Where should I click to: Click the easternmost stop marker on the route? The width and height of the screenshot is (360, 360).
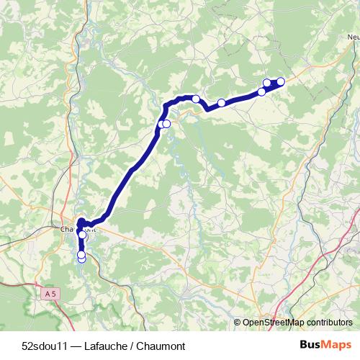click(x=281, y=81)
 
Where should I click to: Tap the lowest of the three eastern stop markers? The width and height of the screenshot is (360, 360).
click(x=261, y=91)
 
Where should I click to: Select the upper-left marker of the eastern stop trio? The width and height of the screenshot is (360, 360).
click(x=267, y=83)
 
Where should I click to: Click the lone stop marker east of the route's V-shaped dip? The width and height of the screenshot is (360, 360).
click(x=222, y=103)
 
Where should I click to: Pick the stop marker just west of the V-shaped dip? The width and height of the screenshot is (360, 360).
click(x=195, y=99)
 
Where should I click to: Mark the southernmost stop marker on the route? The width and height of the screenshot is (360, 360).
click(x=81, y=258)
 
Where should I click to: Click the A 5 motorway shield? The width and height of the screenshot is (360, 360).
click(x=50, y=294)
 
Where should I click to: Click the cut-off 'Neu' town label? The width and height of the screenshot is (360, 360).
click(x=352, y=37)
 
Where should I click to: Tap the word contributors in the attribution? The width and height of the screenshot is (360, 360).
click(x=330, y=323)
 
